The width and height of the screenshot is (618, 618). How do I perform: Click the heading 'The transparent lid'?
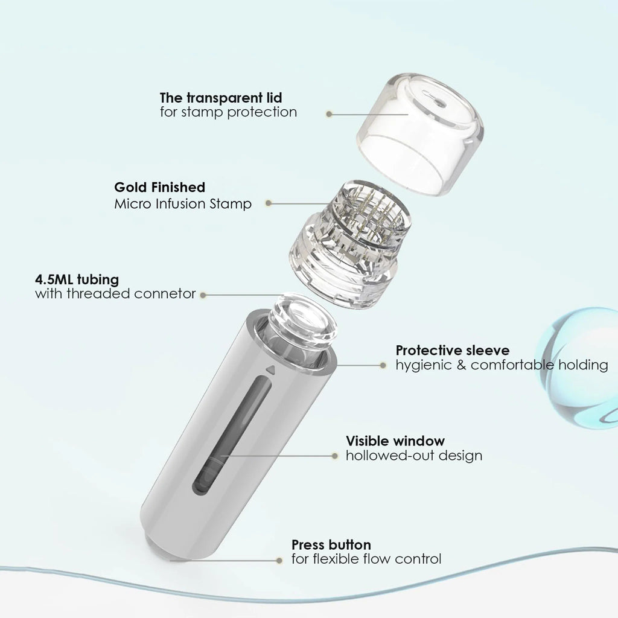221,97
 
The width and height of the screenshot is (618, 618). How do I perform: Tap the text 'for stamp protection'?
228,112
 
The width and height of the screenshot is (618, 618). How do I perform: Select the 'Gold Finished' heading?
159,187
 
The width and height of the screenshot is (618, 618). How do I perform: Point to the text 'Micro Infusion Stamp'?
183,204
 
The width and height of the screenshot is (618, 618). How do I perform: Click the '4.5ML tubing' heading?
77,279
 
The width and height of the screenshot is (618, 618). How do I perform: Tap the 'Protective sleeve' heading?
453,351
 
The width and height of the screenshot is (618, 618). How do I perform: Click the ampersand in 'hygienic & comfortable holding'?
461,365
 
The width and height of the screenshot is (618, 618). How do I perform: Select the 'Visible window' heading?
395,441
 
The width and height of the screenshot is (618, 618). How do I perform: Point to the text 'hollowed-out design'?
414,456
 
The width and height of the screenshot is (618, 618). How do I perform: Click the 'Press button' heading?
331,545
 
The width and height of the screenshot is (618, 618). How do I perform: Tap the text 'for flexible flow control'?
366,559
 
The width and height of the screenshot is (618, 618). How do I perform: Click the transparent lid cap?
421,132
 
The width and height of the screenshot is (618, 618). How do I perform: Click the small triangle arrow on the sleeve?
270,370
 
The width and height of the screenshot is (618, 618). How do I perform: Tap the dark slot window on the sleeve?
232,435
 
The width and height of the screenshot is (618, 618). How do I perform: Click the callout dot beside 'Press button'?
279,561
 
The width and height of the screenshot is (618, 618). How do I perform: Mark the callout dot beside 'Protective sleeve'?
383,365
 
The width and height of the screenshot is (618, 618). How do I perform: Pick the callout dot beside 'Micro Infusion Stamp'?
269,203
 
